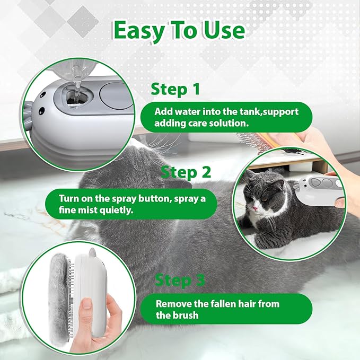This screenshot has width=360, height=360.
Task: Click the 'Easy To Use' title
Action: coord(180,32)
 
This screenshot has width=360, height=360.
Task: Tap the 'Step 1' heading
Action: coord(175,89)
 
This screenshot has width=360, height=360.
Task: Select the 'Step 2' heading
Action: coord(186,172)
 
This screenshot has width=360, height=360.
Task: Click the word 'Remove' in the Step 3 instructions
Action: coord(171,304)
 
